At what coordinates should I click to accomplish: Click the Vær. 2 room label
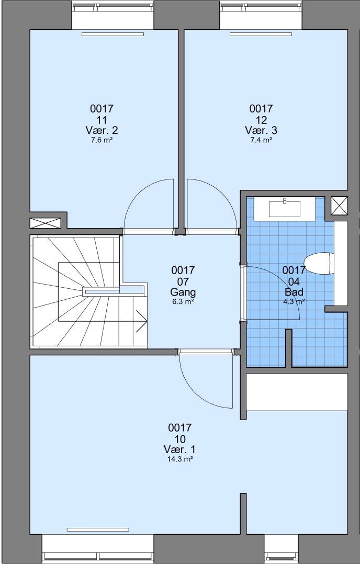coord(102,130)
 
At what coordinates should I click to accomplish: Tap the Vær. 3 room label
coord(261,130)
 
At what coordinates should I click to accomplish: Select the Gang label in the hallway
coord(183,291)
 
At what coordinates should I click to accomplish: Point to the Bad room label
coord(294,291)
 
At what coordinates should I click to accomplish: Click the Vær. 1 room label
coord(179,449)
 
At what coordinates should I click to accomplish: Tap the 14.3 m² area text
coord(179,459)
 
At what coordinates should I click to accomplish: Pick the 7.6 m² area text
coord(102,140)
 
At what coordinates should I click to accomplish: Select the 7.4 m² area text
coord(261,140)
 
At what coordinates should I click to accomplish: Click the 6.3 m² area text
coord(183,302)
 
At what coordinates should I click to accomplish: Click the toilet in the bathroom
coord(319,263)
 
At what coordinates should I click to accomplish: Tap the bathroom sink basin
coord(285,209)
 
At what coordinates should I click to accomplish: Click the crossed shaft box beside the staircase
coord(45,223)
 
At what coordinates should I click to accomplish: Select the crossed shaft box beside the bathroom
coord(339,206)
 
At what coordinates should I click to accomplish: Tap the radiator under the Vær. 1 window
coord(98,529)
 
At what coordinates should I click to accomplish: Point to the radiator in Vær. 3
coord(261,34)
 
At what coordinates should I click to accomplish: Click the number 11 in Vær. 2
coord(102,120)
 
